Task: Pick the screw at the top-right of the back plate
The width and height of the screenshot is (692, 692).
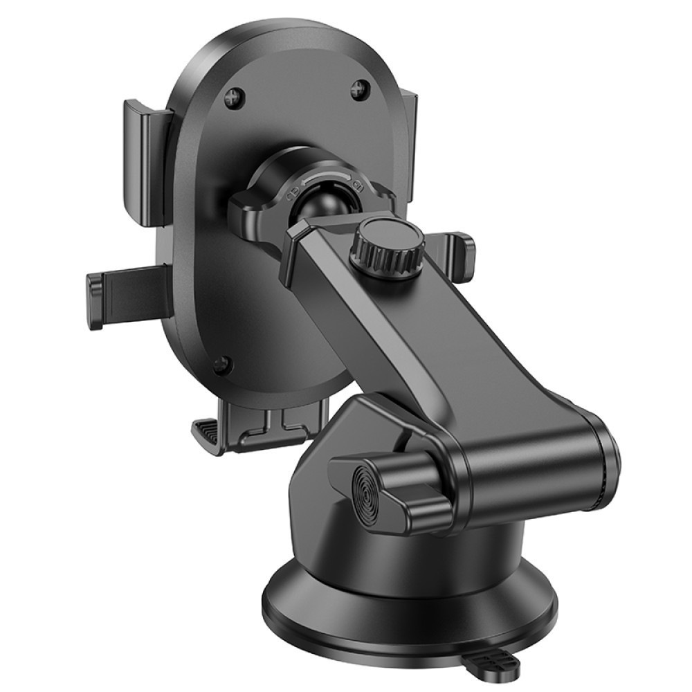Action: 360,89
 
